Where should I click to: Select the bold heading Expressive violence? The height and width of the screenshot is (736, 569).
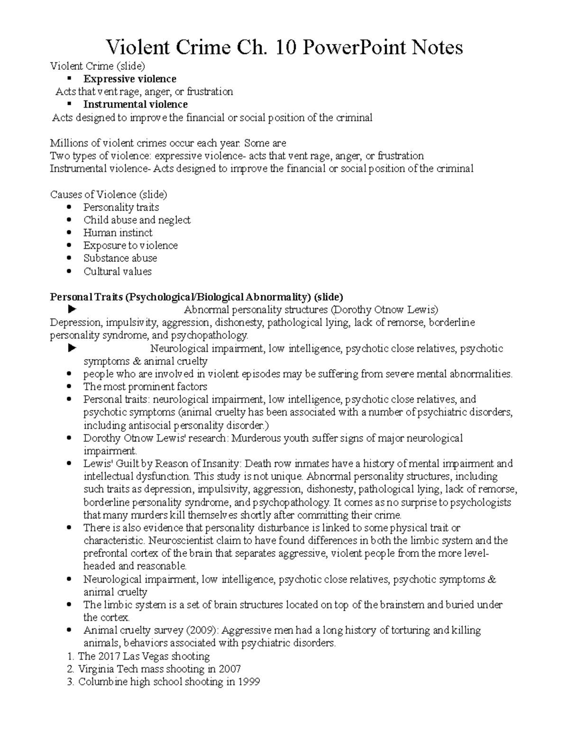click(x=129, y=79)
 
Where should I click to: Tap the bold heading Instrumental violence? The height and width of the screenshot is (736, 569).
click(x=135, y=104)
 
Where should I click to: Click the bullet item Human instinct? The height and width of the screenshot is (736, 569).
click(x=118, y=233)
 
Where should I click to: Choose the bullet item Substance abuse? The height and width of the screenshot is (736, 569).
click(x=120, y=258)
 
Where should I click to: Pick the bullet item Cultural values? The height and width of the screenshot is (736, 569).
click(x=117, y=272)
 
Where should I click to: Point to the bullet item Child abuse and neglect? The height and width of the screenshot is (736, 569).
click(x=137, y=220)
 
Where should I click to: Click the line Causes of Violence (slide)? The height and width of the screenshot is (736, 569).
click(x=109, y=194)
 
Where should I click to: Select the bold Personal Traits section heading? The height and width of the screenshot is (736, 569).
click(x=196, y=297)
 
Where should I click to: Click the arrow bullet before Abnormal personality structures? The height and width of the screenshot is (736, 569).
click(x=72, y=310)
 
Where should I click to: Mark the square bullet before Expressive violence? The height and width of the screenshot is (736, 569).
click(x=69, y=79)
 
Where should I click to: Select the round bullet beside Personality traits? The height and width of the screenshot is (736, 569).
click(x=69, y=207)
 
